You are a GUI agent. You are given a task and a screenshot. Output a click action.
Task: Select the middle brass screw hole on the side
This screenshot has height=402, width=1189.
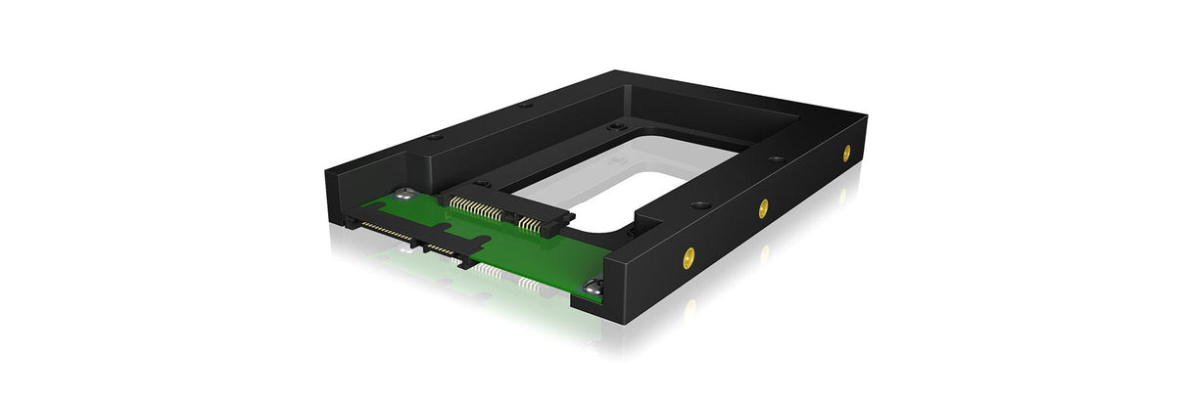click(763, 206)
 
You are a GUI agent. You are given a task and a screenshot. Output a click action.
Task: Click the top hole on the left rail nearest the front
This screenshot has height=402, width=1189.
click(434, 138)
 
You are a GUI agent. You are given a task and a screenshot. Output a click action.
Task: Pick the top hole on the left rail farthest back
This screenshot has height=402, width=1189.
click(525, 105)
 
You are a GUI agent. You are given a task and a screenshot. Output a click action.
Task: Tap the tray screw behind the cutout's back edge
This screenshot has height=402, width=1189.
click(615, 127)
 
